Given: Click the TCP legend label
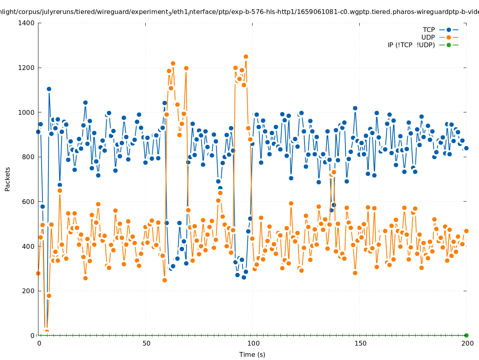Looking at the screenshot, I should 429,30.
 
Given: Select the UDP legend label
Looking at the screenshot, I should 428,37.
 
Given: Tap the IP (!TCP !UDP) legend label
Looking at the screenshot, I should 411,45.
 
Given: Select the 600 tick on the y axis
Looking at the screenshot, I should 29,202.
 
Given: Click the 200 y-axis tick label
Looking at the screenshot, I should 29,291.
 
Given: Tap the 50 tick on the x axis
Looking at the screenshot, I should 146,343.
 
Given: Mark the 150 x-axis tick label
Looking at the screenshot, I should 359,343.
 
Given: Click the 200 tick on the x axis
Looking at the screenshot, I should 466,343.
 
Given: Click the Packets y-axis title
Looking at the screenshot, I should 8,179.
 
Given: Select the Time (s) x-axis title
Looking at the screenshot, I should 252,354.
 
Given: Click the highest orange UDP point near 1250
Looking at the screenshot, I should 246,57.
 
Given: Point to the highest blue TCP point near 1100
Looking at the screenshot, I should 49,89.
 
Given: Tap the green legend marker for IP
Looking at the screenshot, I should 449,45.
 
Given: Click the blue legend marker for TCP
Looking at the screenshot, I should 449,30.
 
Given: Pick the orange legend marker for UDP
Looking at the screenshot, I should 449,37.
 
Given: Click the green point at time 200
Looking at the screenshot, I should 466,335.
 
